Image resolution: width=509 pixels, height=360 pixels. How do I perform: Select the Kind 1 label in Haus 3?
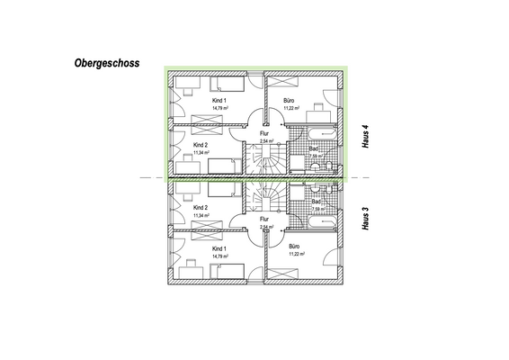[219, 247]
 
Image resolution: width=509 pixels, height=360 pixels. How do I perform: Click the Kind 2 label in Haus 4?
[201, 144]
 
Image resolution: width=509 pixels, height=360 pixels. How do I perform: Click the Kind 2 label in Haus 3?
[201, 207]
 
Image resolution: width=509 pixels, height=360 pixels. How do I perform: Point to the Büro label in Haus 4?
[290, 99]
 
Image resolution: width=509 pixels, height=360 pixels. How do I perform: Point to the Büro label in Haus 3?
[294, 247]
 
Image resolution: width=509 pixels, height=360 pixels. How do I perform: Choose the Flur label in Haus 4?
[264, 133]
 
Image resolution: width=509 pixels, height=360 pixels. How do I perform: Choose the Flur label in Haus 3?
[264, 219]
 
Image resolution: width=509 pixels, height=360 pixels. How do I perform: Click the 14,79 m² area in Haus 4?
[219, 107]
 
